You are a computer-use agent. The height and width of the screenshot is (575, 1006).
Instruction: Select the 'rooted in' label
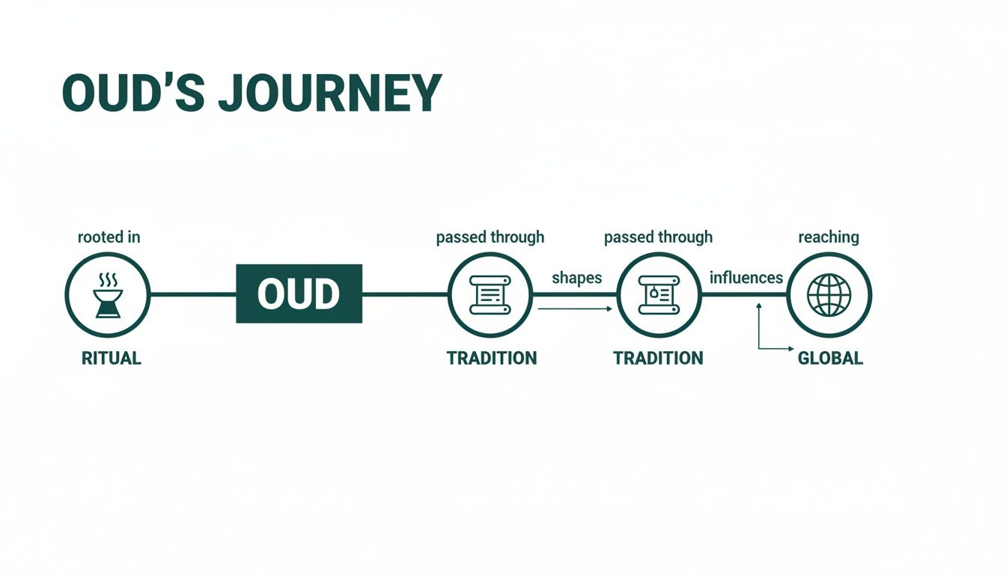click(109, 237)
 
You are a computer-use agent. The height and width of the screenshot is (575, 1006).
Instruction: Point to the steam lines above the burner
click(108, 280)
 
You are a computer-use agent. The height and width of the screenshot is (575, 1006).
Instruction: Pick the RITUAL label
click(111, 358)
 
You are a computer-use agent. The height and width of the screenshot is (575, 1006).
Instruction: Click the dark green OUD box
click(299, 293)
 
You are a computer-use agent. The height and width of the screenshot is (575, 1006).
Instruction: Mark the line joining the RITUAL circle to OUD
click(192, 294)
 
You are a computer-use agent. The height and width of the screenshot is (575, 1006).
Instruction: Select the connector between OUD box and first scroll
click(404, 294)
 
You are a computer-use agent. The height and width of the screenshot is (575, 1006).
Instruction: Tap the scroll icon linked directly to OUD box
click(490, 294)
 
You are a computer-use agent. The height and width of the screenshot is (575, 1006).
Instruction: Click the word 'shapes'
click(576, 278)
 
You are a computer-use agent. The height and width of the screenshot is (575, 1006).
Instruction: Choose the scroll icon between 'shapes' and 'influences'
click(657, 294)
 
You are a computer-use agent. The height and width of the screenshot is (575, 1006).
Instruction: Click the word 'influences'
click(746, 278)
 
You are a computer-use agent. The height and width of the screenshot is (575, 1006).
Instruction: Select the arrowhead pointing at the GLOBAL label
click(790, 349)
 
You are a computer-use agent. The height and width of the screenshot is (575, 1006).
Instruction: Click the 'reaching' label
click(828, 237)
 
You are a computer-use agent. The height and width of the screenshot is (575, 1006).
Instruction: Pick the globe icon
click(829, 294)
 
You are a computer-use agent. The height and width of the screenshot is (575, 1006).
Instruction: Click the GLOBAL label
click(830, 358)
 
